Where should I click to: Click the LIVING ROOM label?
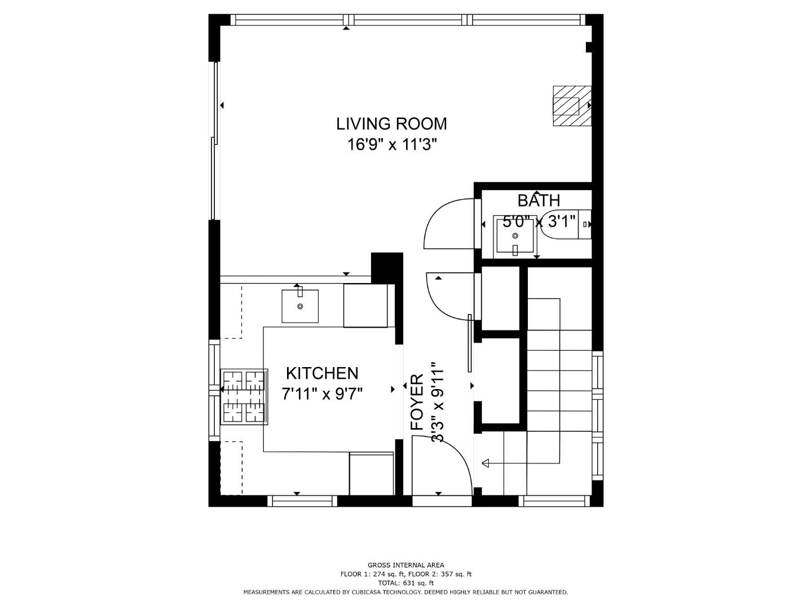pyautogui.click(x=391, y=123)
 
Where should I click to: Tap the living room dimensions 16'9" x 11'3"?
pyautogui.click(x=392, y=145)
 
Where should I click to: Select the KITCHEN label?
pyautogui.click(x=322, y=373)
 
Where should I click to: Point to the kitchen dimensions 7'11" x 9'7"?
pyautogui.click(x=322, y=394)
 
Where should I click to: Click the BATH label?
pyautogui.click(x=539, y=200)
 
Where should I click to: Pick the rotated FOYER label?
pyautogui.click(x=417, y=402)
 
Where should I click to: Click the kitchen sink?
pyautogui.click(x=300, y=306)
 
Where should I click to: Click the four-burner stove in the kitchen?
pyautogui.click(x=244, y=396)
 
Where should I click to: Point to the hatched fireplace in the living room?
pyautogui.click(x=571, y=106)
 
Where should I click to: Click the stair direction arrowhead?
pyautogui.click(x=486, y=464)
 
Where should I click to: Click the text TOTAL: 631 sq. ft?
pyautogui.click(x=405, y=583)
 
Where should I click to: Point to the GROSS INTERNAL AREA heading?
pyautogui.click(x=405, y=565)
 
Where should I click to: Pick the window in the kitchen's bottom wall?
pyautogui.click(x=302, y=501)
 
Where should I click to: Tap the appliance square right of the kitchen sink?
pyautogui.click(x=365, y=305)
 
